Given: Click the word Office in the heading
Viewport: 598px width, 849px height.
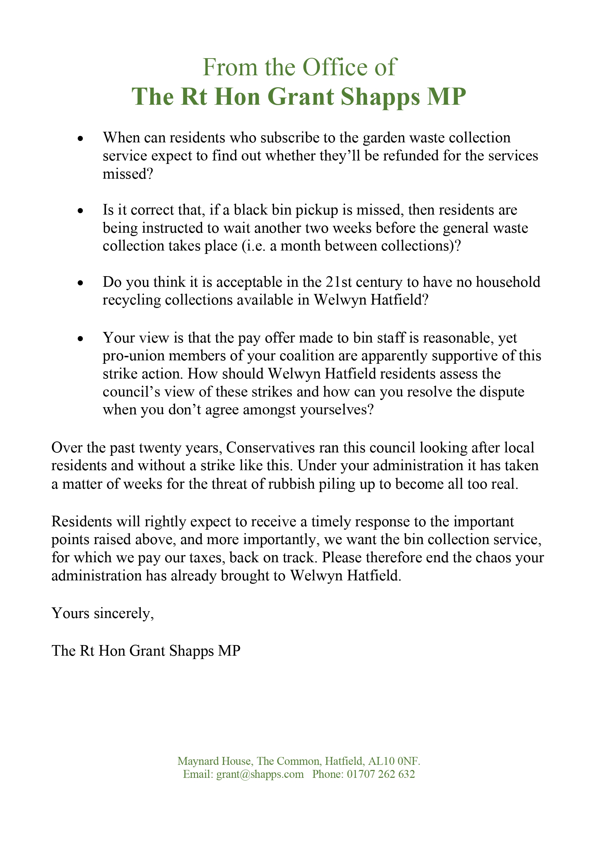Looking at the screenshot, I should coord(336,67).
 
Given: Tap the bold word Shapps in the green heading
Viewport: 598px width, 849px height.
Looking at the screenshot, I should coord(380,97).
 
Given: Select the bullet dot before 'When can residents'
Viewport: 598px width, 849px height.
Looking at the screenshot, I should coord(80,139).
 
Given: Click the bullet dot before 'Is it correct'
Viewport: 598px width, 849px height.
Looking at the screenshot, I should coord(80,211).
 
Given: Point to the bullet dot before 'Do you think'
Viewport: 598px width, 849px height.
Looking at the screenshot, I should coord(80,283).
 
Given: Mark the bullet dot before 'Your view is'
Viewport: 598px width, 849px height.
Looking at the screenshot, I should coord(80,339).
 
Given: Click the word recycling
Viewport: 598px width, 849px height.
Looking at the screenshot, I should coord(132,300).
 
